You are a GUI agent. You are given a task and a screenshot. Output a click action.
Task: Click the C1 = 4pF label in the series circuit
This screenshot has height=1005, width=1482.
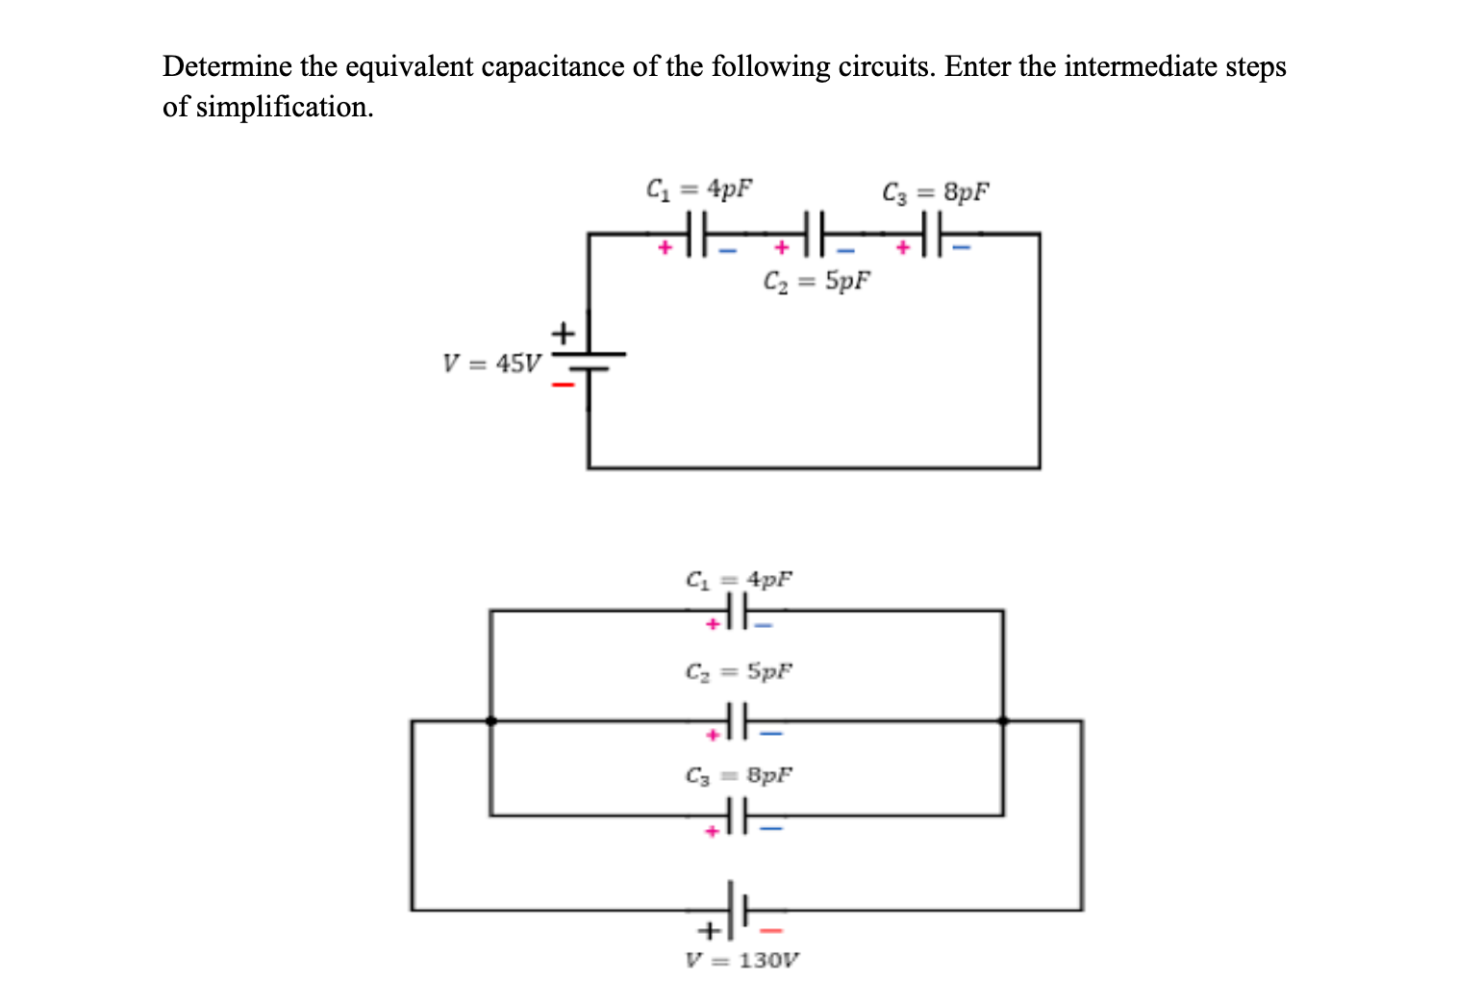699,188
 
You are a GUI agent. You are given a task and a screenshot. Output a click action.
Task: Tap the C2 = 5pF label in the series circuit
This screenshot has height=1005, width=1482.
816,282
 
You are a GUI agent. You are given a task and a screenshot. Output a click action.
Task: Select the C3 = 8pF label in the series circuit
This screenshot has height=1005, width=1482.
935,192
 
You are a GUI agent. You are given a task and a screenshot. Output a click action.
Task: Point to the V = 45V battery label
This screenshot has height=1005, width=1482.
491,364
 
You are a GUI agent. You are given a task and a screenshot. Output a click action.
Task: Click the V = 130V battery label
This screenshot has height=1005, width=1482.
741,960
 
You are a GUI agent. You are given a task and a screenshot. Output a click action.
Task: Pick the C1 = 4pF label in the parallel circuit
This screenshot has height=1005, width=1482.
739,580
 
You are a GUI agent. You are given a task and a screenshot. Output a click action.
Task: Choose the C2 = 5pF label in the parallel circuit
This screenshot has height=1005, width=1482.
739,670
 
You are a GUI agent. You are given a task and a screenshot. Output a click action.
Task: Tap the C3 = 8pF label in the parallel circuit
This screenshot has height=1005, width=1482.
739,774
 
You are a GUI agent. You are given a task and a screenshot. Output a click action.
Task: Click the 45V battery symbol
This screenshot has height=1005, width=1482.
589,360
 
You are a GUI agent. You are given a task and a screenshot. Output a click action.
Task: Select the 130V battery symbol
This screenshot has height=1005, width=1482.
739,909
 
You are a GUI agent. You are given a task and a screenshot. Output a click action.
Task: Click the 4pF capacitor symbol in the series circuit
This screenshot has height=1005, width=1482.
697,234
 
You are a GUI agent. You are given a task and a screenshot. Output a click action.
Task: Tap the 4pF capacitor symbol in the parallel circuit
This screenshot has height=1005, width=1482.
738,610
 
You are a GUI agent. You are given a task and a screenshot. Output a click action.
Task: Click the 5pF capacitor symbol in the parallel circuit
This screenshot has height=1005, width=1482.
738,719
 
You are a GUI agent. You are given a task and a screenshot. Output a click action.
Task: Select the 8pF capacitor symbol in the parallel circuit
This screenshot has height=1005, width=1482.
738,816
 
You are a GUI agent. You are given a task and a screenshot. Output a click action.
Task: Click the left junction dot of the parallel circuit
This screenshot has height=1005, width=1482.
490,719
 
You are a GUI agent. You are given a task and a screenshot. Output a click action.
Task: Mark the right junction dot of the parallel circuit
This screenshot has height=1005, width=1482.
1003,719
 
